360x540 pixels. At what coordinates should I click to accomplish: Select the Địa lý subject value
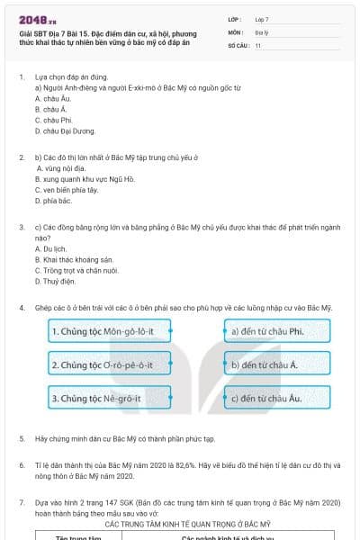[x=261, y=31]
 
